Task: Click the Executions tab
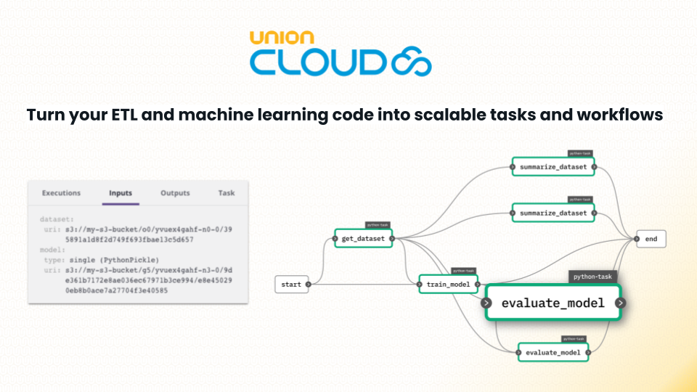coord(61,193)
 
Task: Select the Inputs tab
coord(121,193)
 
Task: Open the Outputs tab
coord(175,193)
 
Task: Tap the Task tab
coord(227,193)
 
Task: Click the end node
coord(651,239)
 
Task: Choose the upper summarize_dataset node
coord(553,167)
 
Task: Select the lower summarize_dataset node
coord(553,213)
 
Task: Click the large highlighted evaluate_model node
coord(553,303)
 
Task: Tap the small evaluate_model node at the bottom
coord(553,353)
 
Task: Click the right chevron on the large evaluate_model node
coord(622,303)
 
